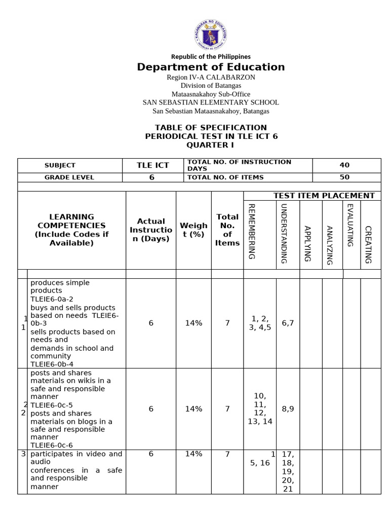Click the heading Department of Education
[x=211, y=67]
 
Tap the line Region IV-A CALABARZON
[x=211, y=77]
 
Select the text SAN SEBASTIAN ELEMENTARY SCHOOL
[x=211, y=102]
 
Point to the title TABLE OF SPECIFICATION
[x=211, y=127]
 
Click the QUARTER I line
[x=211, y=145]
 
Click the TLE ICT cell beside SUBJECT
[x=153, y=165]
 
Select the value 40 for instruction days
[x=344, y=165]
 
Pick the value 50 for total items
[x=344, y=177]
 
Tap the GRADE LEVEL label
[x=69, y=177]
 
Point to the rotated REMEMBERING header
[x=252, y=231]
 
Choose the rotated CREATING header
[x=368, y=244]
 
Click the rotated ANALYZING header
[x=329, y=244]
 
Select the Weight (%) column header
[x=193, y=230]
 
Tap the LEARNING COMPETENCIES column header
[x=71, y=230]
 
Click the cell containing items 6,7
[x=288, y=323]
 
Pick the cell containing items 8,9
[x=288, y=409]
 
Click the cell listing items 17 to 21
[x=288, y=471]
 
